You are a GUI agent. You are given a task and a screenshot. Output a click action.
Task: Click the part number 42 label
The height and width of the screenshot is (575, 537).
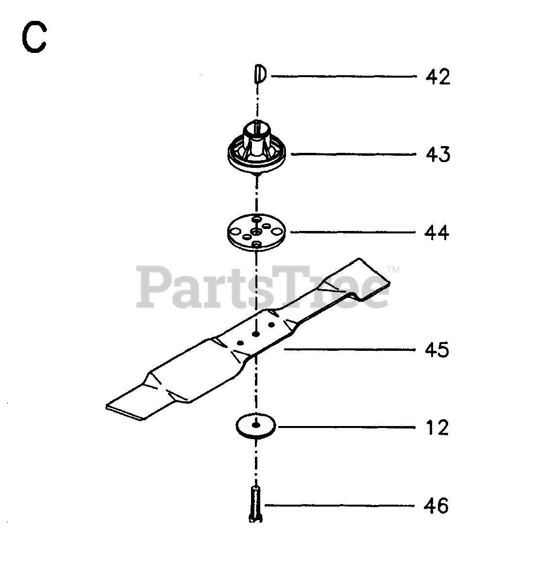[437, 77]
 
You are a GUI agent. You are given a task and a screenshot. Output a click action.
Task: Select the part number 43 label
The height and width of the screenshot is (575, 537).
[437, 155]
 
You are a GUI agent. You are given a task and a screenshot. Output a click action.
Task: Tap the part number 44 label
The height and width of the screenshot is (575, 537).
[437, 233]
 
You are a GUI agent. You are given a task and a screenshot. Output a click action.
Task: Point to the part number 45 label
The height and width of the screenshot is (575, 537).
[437, 349]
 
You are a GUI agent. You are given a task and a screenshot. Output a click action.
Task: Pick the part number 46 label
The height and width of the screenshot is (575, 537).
[437, 506]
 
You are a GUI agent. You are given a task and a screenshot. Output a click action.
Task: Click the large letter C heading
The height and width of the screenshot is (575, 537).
[34, 39]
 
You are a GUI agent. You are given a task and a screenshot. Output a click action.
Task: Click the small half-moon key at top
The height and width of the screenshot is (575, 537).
[259, 75]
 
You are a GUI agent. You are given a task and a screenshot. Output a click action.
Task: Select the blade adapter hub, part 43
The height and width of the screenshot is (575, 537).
[257, 146]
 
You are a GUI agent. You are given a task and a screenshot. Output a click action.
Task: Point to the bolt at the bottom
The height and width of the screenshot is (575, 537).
[255, 505]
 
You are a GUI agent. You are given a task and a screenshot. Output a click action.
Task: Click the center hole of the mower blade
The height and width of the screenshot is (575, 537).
[256, 334]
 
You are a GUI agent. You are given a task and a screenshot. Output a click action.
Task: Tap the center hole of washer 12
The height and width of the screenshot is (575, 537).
[255, 426]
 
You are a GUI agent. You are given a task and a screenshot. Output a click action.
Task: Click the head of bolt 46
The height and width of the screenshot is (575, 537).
[255, 519]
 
